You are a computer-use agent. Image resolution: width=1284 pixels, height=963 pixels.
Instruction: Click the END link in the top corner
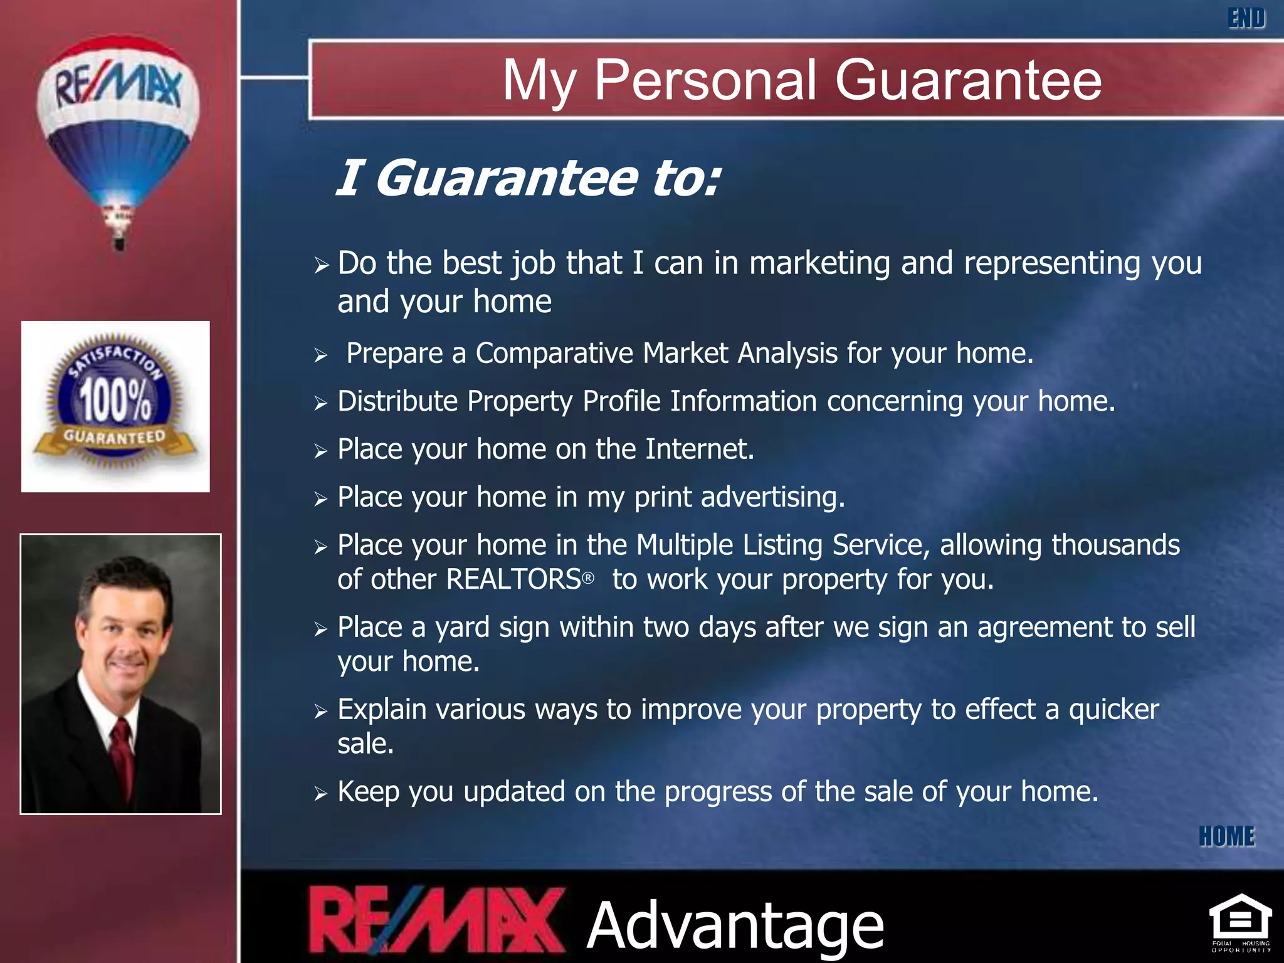(1246, 18)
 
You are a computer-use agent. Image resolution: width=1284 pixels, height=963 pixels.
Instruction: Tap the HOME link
(1226, 836)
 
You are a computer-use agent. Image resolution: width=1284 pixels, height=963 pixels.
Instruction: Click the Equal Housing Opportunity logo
(1240, 922)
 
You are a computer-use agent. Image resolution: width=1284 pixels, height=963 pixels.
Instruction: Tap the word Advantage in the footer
(735, 925)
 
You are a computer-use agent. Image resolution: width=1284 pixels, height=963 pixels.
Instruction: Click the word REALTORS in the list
(513, 579)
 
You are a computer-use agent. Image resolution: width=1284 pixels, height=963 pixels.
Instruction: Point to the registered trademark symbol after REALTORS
(588, 578)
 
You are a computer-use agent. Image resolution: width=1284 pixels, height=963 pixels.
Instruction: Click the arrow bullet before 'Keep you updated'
(321, 794)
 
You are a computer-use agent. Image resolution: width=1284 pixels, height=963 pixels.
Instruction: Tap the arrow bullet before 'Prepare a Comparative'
(321, 356)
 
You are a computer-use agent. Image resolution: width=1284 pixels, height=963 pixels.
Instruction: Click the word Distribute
(397, 402)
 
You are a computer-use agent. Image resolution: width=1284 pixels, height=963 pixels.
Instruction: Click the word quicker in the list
(1113, 710)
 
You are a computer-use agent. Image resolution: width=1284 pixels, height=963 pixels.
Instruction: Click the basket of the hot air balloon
(118, 242)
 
